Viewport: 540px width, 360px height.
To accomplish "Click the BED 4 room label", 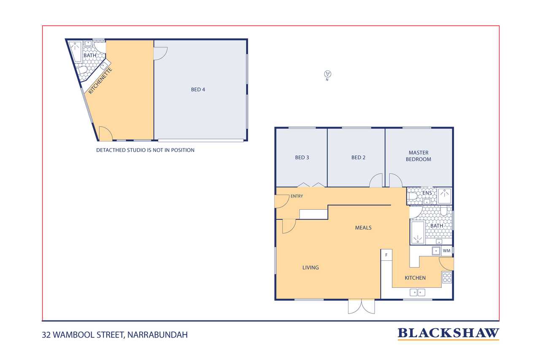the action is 198,89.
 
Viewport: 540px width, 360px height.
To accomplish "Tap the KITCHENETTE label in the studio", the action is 100,81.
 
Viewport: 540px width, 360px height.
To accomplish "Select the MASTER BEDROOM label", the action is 418,156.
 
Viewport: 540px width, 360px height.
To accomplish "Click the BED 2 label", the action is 358,157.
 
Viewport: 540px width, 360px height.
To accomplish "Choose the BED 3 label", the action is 302,157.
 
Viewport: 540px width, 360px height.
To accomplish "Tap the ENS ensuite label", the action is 427,193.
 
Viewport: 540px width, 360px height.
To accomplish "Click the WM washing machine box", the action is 446,251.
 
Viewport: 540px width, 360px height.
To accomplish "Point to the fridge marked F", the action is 386,255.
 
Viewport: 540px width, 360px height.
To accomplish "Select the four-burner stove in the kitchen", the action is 447,278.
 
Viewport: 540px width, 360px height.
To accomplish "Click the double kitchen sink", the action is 417,292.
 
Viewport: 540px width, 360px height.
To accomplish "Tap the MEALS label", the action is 363,227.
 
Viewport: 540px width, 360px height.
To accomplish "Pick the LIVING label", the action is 310,268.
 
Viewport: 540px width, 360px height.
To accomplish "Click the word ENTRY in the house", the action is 297,196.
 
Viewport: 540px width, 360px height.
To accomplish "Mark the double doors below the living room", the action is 362,307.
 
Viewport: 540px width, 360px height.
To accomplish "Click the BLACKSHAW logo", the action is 448,333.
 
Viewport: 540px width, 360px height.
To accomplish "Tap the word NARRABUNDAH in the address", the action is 157,335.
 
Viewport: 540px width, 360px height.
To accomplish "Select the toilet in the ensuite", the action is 413,196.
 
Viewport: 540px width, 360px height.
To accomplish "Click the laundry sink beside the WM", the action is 436,251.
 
